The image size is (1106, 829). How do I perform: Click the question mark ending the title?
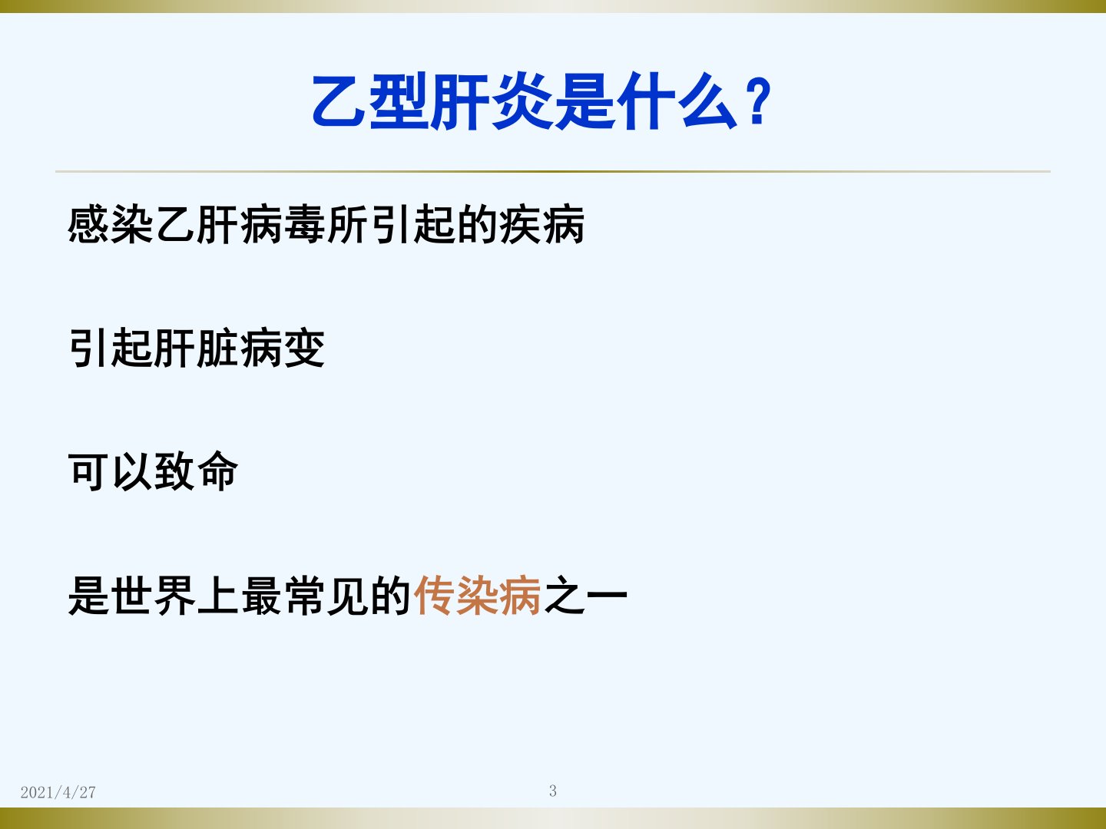coord(759,101)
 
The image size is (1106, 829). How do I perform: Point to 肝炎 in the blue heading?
coord(493,101)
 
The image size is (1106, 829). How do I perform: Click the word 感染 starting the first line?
coord(111,224)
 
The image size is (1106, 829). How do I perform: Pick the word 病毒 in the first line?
coord(283,224)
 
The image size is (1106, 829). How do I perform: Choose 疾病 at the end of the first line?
coord(542,224)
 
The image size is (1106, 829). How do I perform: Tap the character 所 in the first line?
coord(348,224)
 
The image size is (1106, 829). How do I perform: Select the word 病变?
coord(283,348)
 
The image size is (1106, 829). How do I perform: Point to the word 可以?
coord(111,471)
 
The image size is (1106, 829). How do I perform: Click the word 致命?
coord(197,471)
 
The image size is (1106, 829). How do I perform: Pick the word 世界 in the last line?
coord(153,595)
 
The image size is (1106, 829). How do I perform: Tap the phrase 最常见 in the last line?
coord(304,595)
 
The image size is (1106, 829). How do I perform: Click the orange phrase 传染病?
coord(477,595)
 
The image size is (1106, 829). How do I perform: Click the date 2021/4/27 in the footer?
coord(58,792)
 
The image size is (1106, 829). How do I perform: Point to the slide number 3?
coord(553,791)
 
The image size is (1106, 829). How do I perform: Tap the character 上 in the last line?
coord(217,595)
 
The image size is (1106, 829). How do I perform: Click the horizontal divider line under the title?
coord(553,171)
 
